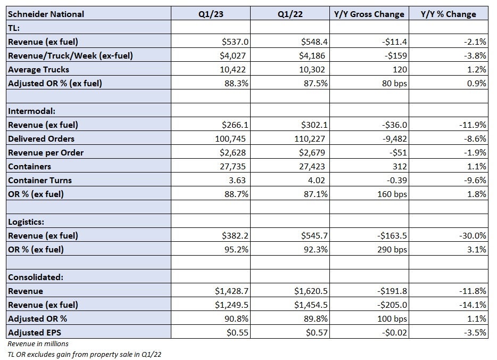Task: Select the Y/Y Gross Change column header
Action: coord(369,14)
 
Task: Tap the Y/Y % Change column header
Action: coord(448,14)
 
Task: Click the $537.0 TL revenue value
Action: coord(235,42)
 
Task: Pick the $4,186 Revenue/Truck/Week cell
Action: coord(312,55)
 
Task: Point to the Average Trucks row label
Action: coord(38,69)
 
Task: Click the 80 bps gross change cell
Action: coord(394,83)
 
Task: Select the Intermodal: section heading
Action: coord(32,111)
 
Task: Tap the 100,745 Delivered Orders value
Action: coord(230,138)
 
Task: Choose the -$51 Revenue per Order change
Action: coord(398,152)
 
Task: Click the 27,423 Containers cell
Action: coord(312,166)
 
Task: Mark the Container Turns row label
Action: coord(40,180)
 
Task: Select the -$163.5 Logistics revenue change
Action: coord(392,236)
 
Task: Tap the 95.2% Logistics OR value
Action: coord(236,249)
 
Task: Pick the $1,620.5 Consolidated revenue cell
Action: coord(311,291)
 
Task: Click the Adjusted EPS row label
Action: coord(35,332)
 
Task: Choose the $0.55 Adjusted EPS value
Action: coord(237,332)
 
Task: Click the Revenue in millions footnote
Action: coord(38,343)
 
